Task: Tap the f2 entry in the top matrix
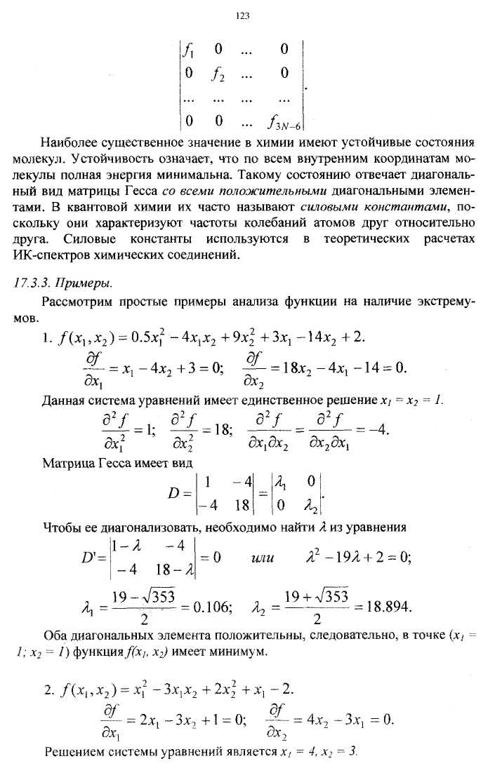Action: coord(218,73)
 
